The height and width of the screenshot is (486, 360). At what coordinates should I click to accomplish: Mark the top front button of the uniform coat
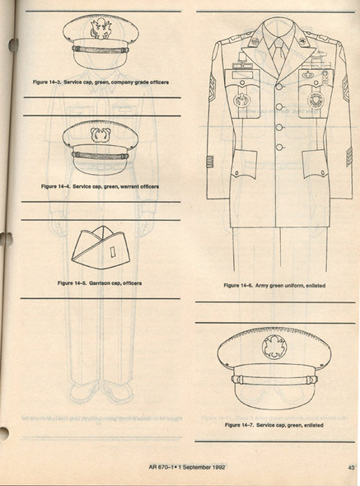pos(279,86)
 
